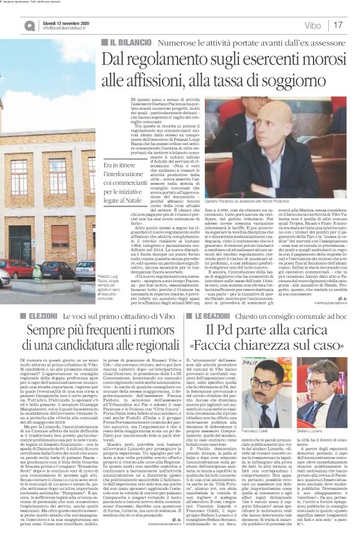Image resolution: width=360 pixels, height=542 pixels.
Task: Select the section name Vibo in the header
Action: tap(313, 25)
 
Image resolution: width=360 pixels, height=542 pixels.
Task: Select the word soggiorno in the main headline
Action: tap(304, 79)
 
